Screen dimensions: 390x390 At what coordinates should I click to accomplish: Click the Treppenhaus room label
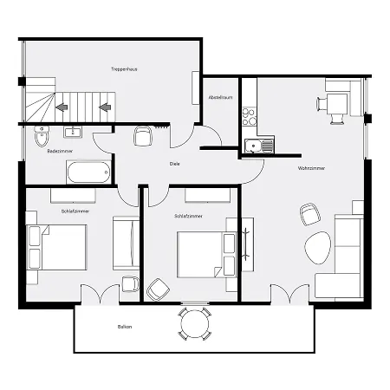(x=124, y=69)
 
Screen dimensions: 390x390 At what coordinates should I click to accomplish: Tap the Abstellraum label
(x=221, y=98)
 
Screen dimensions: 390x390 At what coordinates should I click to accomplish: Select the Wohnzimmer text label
(x=311, y=168)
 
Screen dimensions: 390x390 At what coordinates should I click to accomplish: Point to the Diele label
(x=174, y=164)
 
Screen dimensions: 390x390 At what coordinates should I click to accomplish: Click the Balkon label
(x=125, y=327)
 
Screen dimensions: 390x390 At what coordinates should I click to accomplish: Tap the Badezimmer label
(x=60, y=151)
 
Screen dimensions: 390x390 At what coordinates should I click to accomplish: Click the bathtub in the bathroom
(x=88, y=172)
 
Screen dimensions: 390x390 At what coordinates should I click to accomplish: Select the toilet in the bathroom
(x=42, y=136)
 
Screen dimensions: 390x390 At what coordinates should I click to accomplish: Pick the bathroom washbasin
(x=73, y=132)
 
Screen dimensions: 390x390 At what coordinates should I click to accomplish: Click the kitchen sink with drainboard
(x=258, y=146)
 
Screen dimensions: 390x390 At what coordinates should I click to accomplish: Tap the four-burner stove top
(x=250, y=116)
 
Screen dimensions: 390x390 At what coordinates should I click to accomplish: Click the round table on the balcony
(x=195, y=323)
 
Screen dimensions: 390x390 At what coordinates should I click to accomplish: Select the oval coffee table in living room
(x=318, y=248)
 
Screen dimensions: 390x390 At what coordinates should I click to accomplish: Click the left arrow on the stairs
(x=62, y=107)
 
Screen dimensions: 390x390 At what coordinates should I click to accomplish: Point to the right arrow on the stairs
(x=105, y=107)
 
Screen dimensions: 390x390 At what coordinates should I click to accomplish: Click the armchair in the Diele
(x=143, y=136)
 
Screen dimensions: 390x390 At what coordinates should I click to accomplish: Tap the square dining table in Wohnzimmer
(x=337, y=103)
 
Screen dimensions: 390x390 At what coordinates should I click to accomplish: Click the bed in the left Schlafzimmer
(x=56, y=248)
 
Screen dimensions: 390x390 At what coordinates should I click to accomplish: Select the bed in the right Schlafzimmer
(x=207, y=255)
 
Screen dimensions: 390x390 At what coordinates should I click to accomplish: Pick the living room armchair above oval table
(x=309, y=214)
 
